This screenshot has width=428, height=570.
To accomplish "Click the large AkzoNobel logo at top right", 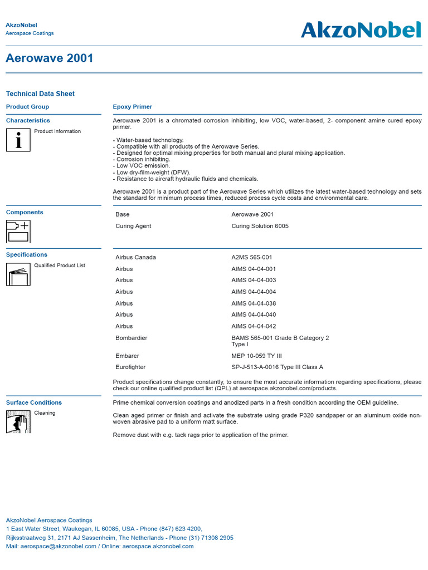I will pos(361,30).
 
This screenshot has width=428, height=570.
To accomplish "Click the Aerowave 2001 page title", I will pos(50,58).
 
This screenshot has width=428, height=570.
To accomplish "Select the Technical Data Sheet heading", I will pos(40,94).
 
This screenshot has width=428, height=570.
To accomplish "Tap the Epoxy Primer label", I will pos(133,107).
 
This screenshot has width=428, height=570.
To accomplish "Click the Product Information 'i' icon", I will pos(18,140).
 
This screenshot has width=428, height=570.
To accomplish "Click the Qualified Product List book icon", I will pos(18,274).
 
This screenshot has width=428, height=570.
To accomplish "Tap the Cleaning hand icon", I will pos(18,421).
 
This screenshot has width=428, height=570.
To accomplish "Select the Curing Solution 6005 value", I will pos(260,226).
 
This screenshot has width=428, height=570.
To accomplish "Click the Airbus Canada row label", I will pos(135,257).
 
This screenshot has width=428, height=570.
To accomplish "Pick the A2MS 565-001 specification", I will pos(252,257).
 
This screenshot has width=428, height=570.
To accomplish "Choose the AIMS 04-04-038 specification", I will pos(254,303).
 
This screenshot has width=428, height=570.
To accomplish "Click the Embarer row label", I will pos(127,356).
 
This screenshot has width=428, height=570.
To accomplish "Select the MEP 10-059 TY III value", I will pos(256,356).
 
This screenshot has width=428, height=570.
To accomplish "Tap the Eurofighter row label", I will pos(132,367).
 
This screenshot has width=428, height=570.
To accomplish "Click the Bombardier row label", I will pos(131,338).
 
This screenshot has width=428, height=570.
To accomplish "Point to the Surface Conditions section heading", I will pos(34,402).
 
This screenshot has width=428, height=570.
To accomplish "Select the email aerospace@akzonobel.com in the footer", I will pos(59,547).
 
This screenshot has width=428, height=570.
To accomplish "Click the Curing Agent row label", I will pos(133,226).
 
